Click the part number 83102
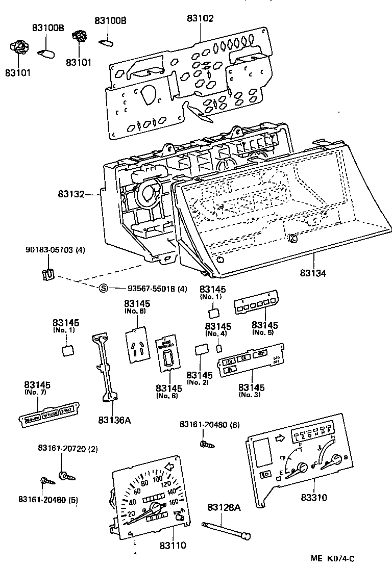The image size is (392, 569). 200,18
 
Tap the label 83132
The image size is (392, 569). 71,194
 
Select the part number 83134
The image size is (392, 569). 313,273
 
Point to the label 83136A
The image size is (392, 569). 114,420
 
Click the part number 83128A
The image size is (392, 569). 224,507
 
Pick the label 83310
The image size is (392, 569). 314,497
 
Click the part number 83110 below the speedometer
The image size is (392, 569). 172,545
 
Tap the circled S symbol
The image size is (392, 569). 104,289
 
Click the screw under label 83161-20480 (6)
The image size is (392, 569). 206,445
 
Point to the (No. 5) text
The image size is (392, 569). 263,332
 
